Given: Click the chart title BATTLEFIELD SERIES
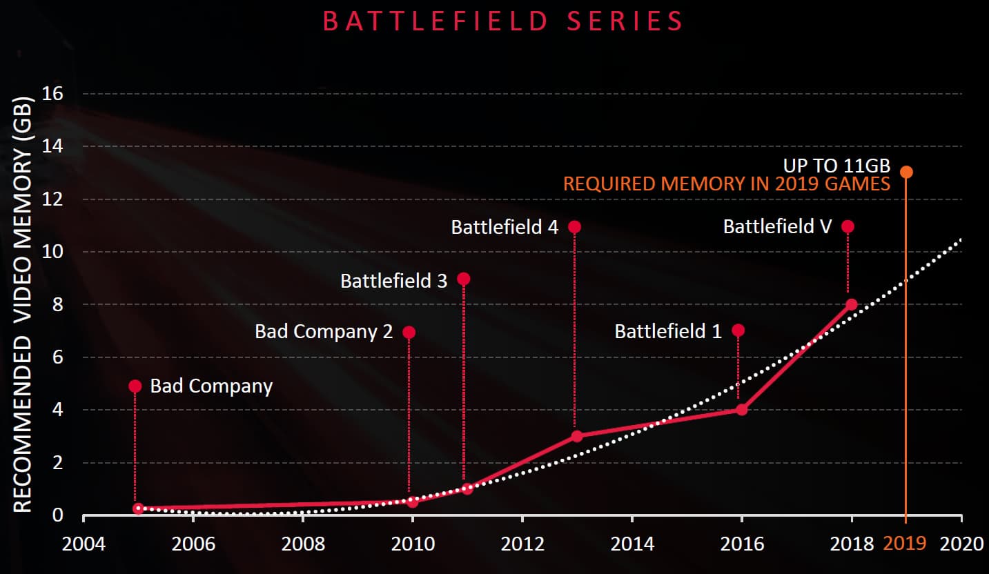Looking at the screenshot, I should click(x=503, y=21).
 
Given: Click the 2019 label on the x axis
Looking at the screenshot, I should click(x=904, y=544).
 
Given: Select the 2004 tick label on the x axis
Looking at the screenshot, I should click(x=84, y=544).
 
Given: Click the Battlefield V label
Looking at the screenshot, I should click(x=777, y=226).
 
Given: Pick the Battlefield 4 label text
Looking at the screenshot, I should click(x=505, y=227).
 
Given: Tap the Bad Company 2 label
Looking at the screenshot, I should click(x=324, y=331).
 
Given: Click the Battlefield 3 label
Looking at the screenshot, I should click(x=393, y=280).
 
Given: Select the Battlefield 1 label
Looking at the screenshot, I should click(x=667, y=331).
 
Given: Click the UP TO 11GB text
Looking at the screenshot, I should click(x=836, y=166).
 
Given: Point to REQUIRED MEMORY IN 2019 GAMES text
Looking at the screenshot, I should click(x=727, y=184).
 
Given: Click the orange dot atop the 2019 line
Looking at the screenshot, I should click(x=906, y=172).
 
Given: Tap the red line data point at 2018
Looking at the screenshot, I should click(x=851, y=304).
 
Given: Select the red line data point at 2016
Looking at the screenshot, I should click(x=742, y=409).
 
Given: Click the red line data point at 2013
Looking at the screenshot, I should click(x=577, y=436).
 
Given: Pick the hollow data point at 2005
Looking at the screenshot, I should click(x=138, y=508).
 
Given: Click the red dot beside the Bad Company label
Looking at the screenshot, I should click(x=135, y=386).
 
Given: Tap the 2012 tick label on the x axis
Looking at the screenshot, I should click(x=522, y=544).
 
